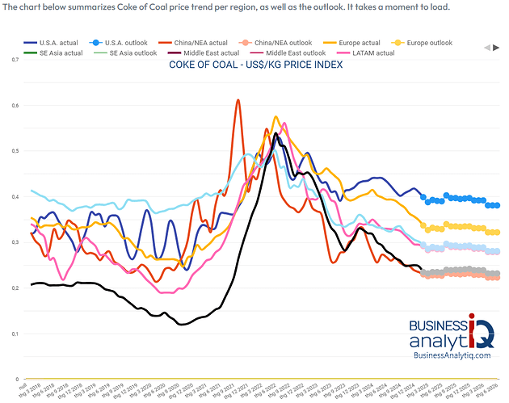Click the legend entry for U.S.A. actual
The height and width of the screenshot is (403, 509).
pos(50,42)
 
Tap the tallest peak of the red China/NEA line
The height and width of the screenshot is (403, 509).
pos(238,100)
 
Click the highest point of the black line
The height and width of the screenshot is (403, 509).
pos(276,133)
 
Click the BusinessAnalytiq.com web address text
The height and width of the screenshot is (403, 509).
pos(450,355)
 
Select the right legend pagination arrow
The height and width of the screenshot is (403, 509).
pos(494,48)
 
